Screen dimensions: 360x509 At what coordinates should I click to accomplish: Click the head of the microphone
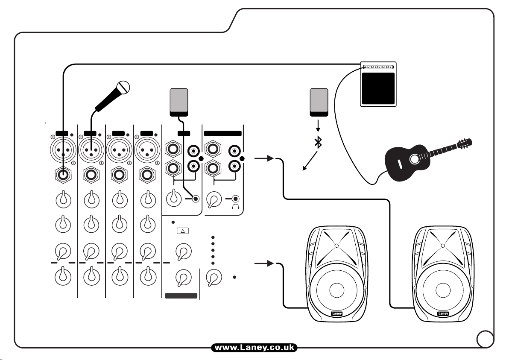click(x=123, y=88)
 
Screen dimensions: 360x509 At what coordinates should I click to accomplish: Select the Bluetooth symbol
click(x=318, y=143)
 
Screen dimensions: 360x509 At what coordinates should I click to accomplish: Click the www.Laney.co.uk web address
click(x=254, y=348)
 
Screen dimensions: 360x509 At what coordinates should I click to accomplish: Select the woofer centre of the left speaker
click(x=336, y=289)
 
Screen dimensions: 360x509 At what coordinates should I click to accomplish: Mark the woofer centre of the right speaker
click(x=443, y=289)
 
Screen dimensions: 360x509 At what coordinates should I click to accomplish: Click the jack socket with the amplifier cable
click(x=63, y=174)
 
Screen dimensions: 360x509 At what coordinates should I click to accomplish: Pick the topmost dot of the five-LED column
click(x=213, y=237)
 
